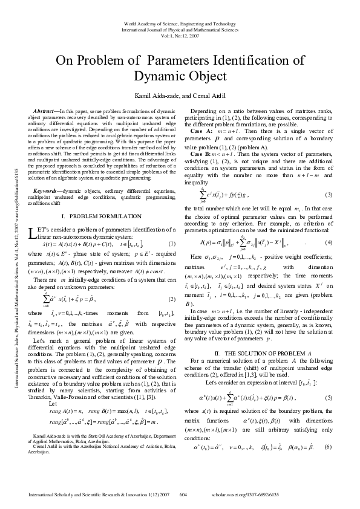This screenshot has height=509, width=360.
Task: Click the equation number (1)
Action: (171, 243)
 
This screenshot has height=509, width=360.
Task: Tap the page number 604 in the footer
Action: (184, 494)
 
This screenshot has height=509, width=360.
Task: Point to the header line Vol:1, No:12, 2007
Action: (179, 36)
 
